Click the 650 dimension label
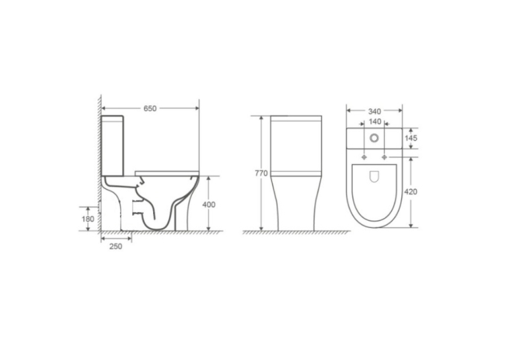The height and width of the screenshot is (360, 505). tap(150, 108)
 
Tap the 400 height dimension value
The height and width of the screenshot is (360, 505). tap(209, 205)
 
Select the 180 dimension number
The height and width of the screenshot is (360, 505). tap(88, 219)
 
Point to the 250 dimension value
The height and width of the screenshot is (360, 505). tap(116, 246)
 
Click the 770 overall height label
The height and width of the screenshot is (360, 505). tap(261, 173)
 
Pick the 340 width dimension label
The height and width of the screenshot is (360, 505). tap(374, 112)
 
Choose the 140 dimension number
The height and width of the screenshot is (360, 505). tap(375, 122)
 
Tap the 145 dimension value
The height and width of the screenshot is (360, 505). tap(411, 138)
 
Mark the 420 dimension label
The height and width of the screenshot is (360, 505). tap(411, 192)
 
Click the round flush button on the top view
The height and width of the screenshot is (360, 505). tap(374, 138)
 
